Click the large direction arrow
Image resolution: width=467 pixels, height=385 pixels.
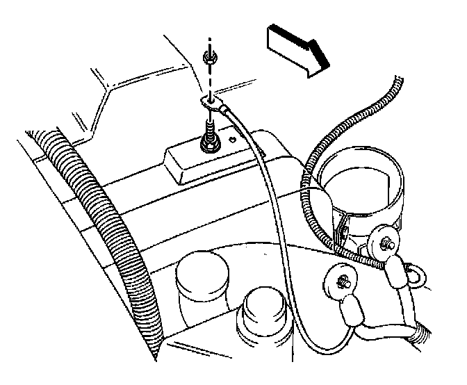[295, 49]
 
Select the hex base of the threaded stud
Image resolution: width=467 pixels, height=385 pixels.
[208, 144]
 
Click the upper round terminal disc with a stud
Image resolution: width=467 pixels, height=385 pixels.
[382, 243]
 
